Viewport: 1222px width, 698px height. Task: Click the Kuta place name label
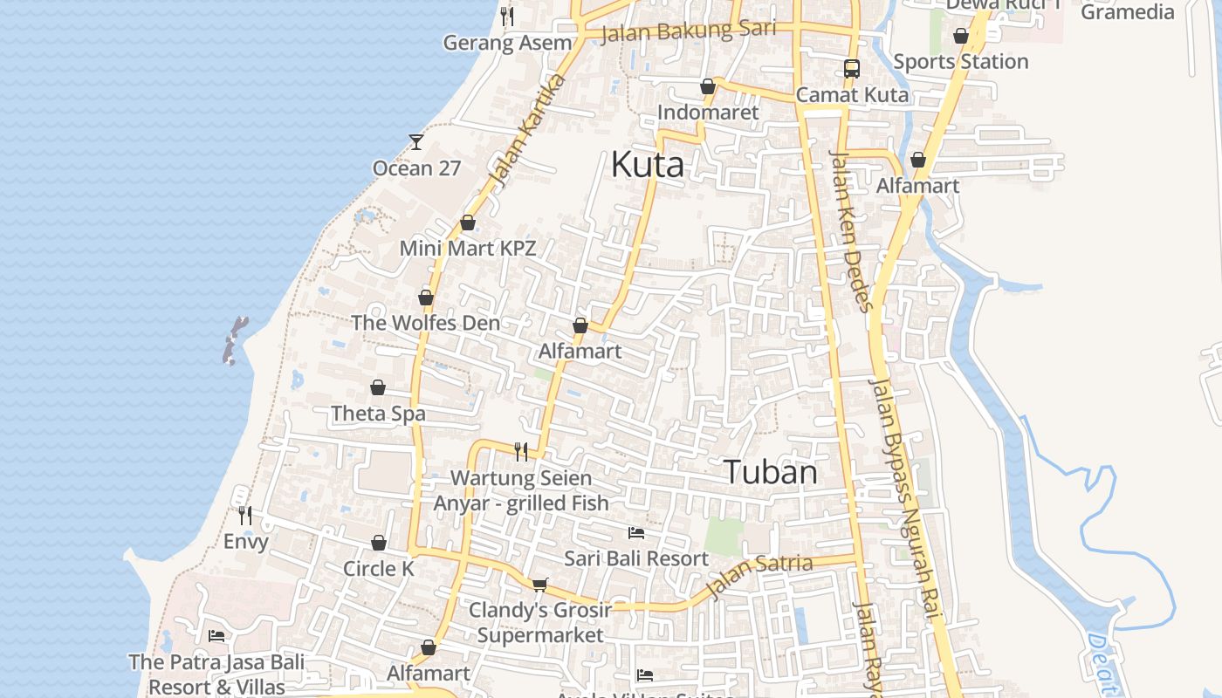point(647,164)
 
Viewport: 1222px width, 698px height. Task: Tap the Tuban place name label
point(771,472)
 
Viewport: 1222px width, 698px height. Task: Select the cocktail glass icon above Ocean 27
point(416,141)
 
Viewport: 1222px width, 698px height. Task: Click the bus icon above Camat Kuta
point(851,68)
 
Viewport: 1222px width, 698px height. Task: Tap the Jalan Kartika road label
point(528,131)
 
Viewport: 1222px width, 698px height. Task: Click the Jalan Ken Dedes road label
point(850,231)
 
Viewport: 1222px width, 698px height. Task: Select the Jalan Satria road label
point(759,576)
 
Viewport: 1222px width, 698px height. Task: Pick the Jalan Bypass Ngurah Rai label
point(904,497)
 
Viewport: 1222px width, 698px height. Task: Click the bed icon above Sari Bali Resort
point(636,532)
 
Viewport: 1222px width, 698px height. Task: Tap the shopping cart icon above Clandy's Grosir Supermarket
point(540,584)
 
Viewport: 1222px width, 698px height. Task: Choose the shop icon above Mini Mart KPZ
point(468,222)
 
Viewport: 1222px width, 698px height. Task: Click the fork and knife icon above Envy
point(245,516)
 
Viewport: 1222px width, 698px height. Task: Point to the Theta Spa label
point(378,413)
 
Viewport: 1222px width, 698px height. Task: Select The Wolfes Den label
point(425,322)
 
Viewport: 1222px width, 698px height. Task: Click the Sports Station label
point(960,61)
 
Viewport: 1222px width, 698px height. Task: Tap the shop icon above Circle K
point(379,543)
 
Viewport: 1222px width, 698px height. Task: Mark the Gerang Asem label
point(507,43)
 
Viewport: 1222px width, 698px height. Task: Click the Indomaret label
point(708,113)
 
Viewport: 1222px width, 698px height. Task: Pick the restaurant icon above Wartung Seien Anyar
point(521,451)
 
